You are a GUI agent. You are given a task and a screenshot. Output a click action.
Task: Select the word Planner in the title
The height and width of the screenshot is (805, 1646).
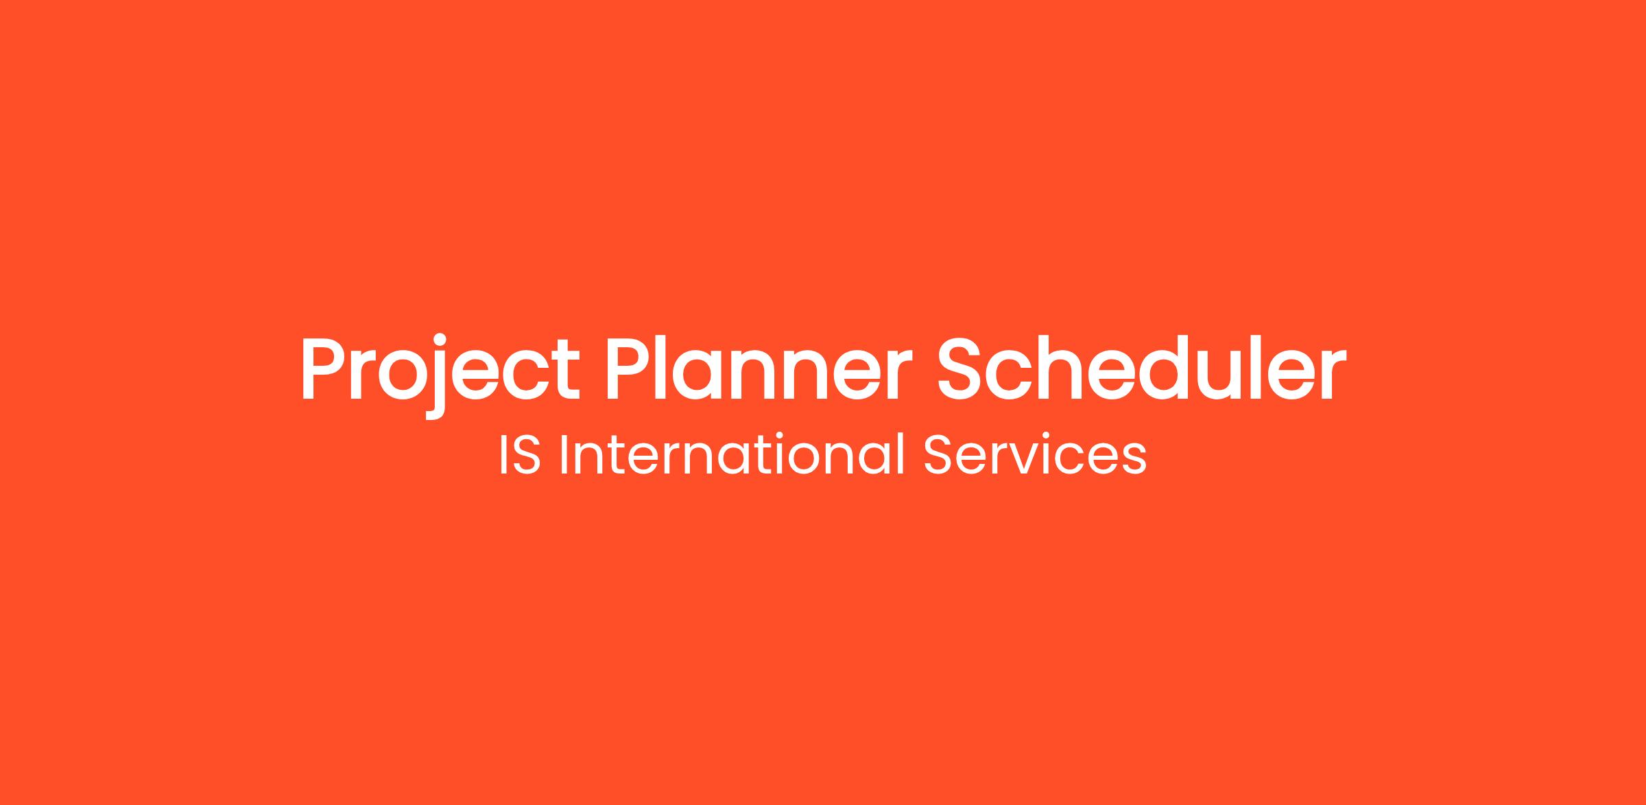tap(759, 368)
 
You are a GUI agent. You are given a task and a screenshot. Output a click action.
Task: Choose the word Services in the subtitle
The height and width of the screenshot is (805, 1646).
tap(1035, 454)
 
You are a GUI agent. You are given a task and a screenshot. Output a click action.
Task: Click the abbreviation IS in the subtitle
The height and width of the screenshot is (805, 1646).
tap(521, 454)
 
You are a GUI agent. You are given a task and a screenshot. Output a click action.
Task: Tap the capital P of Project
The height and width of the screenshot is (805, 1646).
tap(326, 368)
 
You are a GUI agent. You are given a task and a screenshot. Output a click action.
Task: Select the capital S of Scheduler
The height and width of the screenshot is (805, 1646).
tap(962, 369)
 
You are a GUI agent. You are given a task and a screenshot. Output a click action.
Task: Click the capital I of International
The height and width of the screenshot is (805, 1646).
tap(564, 454)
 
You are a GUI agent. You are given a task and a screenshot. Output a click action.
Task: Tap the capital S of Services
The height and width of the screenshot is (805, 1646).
tap(938, 454)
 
